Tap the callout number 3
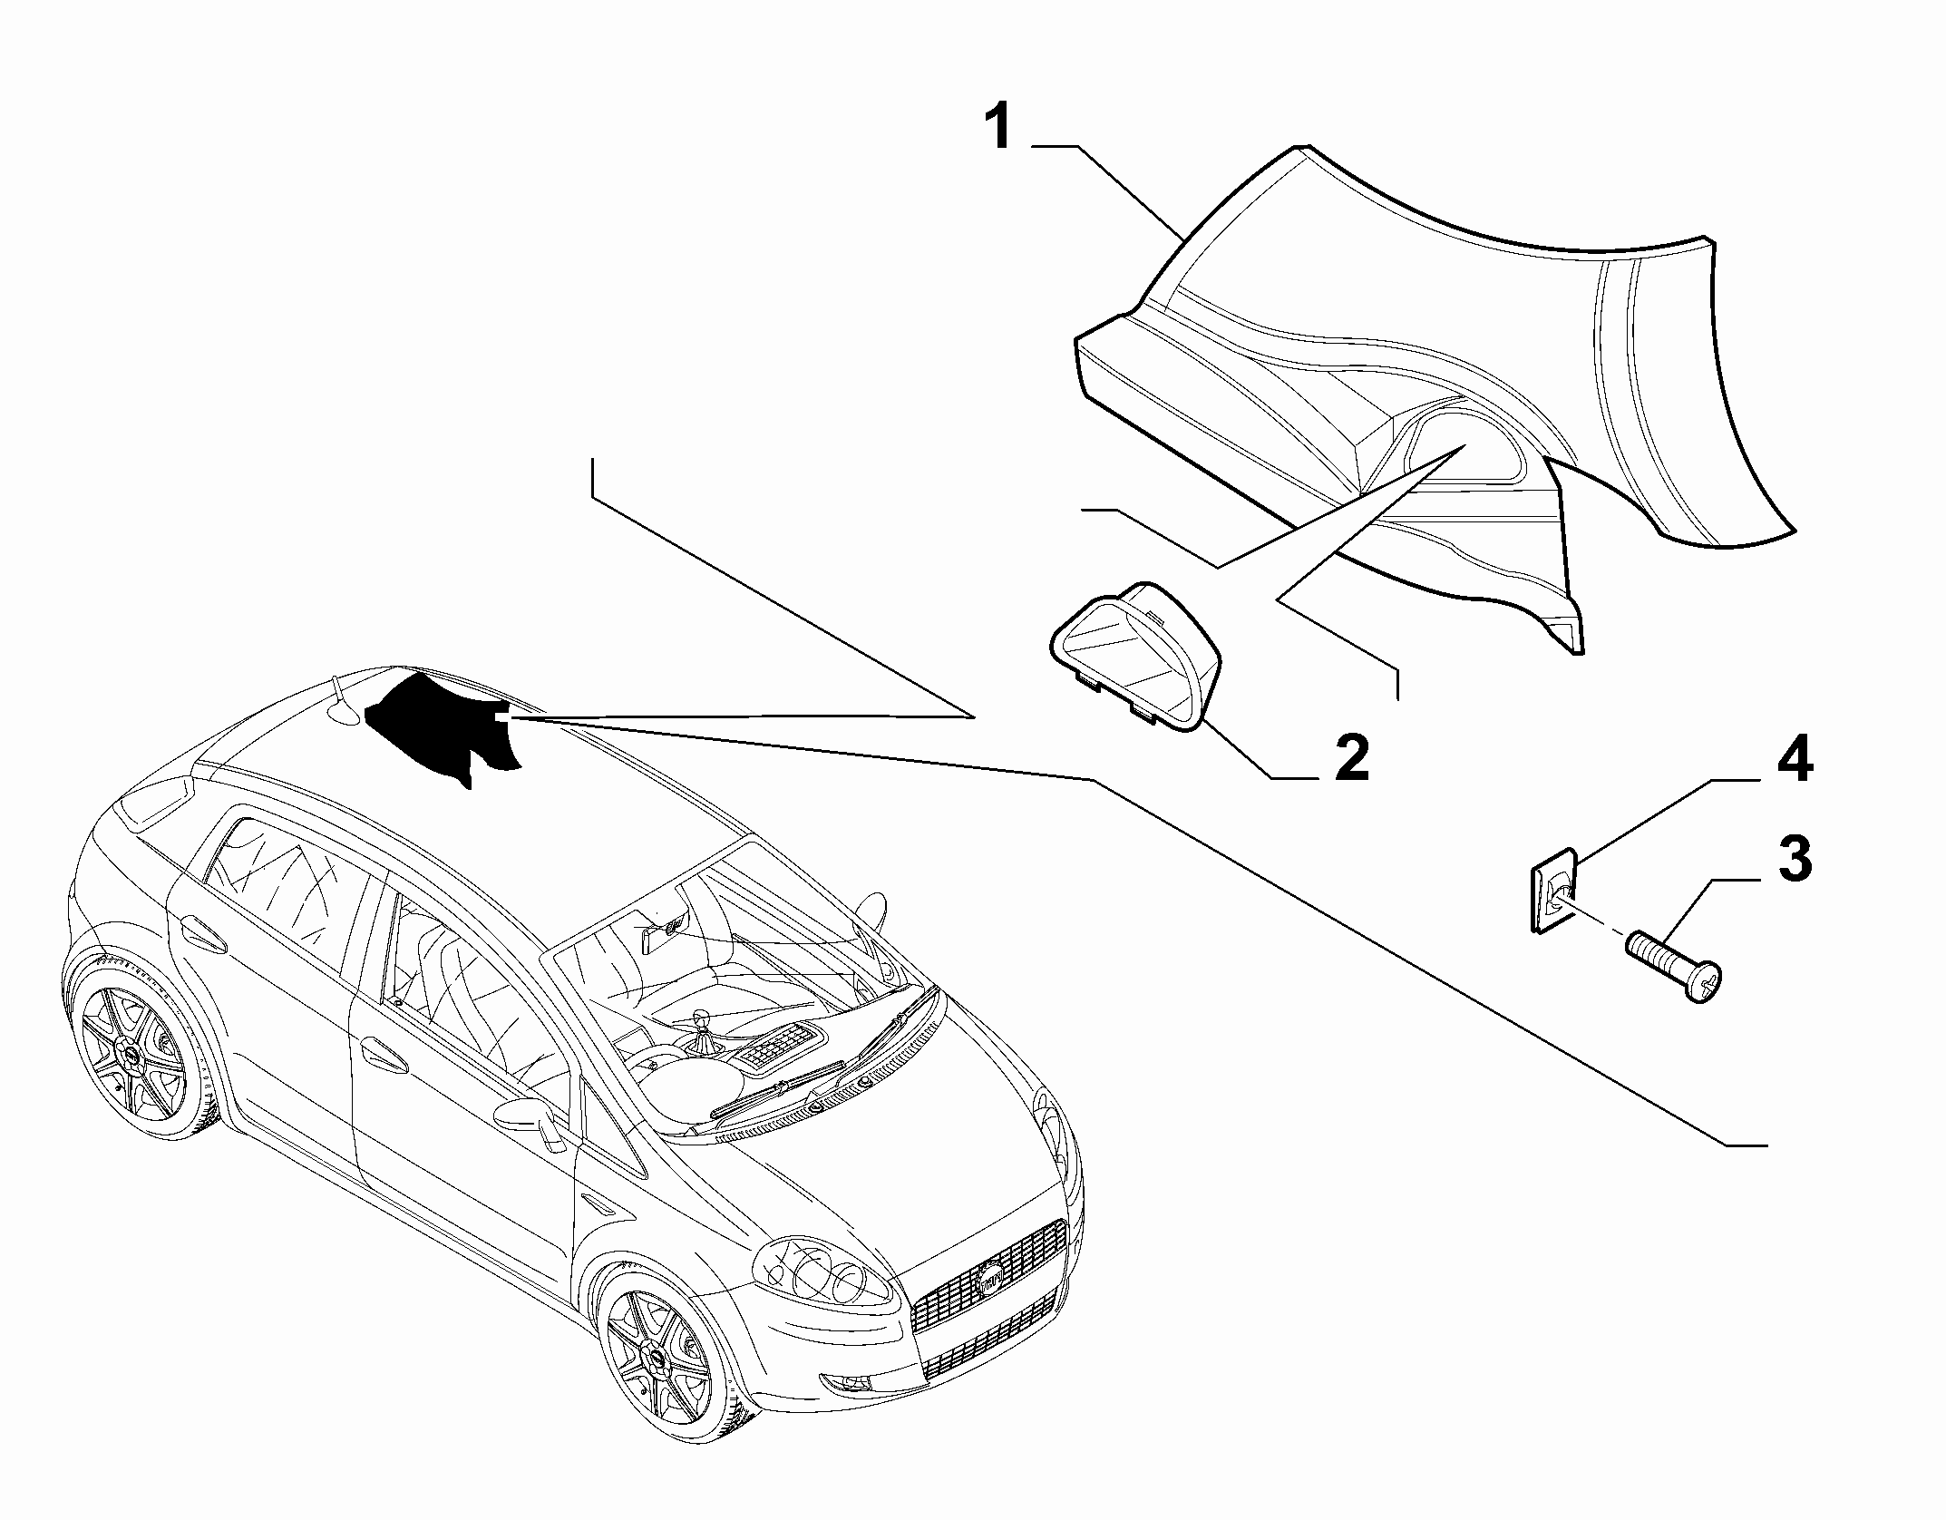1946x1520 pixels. click(1795, 859)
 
